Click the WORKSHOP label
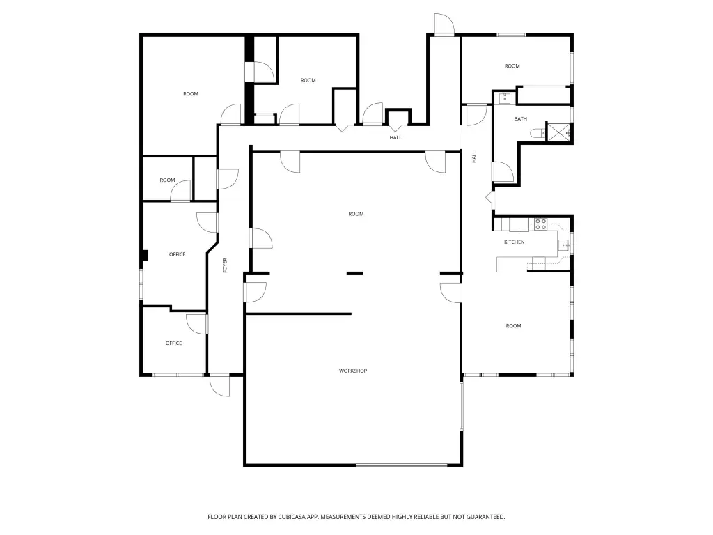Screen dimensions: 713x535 coord(353,371)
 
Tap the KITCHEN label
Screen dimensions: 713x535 coord(515,242)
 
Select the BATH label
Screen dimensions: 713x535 coord(521,118)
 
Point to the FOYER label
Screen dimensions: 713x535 coord(225,265)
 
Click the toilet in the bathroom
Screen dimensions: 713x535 coord(537,133)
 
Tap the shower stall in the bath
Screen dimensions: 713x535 coord(558,132)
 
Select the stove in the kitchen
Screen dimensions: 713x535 coord(540,224)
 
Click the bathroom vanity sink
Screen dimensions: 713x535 coord(505,98)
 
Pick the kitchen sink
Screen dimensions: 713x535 coord(564,245)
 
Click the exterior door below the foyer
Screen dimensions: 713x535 coord(220,385)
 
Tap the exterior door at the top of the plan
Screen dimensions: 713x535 coord(444,24)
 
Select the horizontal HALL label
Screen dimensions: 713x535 coord(395,137)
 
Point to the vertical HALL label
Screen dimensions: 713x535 coord(474,157)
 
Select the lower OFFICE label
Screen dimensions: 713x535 coord(173,343)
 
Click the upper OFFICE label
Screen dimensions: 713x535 coord(178,254)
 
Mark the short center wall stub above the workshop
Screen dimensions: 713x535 coord(354,273)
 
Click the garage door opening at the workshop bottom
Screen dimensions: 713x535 coord(402,465)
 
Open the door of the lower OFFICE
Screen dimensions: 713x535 coord(197,324)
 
